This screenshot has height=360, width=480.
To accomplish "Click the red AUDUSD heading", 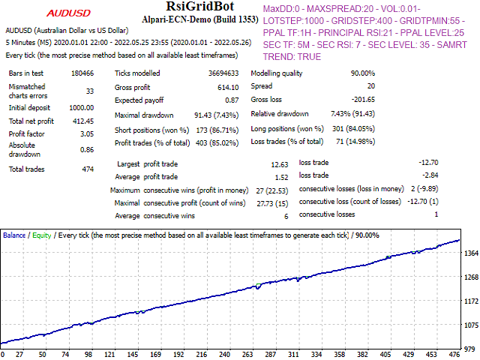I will point(70,13).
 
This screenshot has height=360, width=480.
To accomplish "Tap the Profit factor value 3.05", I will point(86,134).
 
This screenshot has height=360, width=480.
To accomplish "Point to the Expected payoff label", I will point(139,100).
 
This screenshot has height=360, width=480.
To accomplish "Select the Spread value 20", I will point(370,87).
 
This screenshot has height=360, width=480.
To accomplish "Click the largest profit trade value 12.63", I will point(279,163).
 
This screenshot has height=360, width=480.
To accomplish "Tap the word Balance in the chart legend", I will point(14,235).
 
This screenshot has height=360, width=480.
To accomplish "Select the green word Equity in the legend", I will point(42,235).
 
